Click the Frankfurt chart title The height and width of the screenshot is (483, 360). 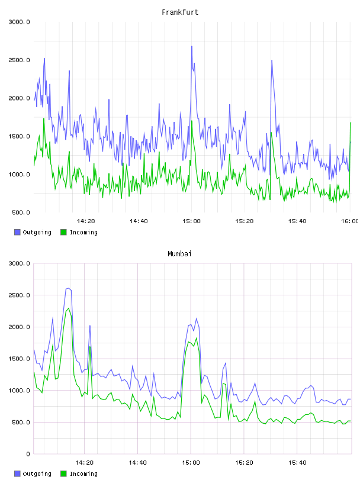pyautogui.click(x=180, y=12)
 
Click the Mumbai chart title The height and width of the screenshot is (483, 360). pyautogui.click(x=179, y=254)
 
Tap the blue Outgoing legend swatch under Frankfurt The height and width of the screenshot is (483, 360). pyautogui.click(x=17, y=232)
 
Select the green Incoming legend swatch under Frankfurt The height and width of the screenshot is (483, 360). pyautogui.click(x=63, y=232)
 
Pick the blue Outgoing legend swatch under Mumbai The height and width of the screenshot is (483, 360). pyautogui.click(x=17, y=474)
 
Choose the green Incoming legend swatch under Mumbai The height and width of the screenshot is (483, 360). pyautogui.click(x=63, y=474)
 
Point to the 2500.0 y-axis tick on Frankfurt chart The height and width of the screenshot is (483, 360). pyautogui.click(x=19, y=60)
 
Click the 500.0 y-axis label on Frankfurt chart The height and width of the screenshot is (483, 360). pyautogui.click(x=21, y=212)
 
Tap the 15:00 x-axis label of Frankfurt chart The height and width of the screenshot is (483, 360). pyautogui.click(x=191, y=221)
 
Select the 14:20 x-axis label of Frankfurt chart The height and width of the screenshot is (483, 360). pyautogui.click(x=86, y=221)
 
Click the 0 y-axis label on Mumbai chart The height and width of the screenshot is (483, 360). pyautogui.click(x=28, y=454)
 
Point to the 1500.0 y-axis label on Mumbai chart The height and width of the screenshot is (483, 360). pyautogui.click(x=19, y=359)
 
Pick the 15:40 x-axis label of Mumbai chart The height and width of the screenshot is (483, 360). pyautogui.click(x=297, y=463)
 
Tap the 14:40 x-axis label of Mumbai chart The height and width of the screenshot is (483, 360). pyautogui.click(x=137, y=463)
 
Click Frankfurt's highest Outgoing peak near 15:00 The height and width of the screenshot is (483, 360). pyautogui.click(x=192, y=47)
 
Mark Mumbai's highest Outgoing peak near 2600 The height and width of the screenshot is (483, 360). pyautogui.click(x=69, y=288)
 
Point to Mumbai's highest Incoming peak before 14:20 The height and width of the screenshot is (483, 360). pyautogui.click(x=69, y=308)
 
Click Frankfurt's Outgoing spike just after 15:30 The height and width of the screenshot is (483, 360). pyautogui.click(x=272, y=60)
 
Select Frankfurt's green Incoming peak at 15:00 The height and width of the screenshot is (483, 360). pyautogui.click(x=192, y=121)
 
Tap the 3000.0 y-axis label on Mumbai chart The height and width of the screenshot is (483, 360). pyautogui.click(x=19, y=263)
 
